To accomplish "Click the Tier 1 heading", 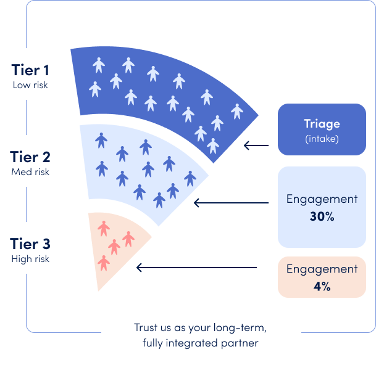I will pos(30,69).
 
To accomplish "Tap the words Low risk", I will pos(30,84).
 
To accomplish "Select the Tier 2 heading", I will pos(30,156).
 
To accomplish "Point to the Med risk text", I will pos(30,171).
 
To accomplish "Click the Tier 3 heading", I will pos(30,243).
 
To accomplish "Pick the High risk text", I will pos(30,259).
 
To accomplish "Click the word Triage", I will pos(322,124).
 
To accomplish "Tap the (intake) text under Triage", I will pos(322,139).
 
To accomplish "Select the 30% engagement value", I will pos(322,216).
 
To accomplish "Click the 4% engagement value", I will pos(322,286).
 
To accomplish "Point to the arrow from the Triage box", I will pos(256,146).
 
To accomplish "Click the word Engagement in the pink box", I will pos(322,269).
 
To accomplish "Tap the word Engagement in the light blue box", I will pos(322,199).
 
